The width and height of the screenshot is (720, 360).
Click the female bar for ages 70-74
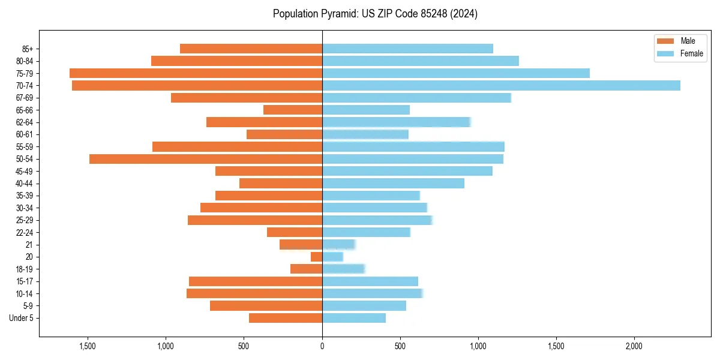coord(501,86)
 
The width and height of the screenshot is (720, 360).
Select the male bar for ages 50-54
coord(206,159)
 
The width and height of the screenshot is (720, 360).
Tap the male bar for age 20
coord(316,257)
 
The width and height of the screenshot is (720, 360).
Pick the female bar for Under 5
coord(354,318)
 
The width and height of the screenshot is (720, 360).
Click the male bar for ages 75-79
coord(196,73)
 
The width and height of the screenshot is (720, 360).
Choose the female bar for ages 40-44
coord(393,184)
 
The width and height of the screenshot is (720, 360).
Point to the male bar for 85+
coord(251,49)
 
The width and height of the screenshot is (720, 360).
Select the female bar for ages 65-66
coord(366,110)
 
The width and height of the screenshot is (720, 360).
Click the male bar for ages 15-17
coord(256,281)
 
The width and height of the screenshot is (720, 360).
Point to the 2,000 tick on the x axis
coord(634,346)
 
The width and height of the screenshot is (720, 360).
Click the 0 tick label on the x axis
coord(322,346)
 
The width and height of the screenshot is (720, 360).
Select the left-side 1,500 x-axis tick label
coord(88,346)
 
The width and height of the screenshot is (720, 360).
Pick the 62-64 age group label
coord(25,122)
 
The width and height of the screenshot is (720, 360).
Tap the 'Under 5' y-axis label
coord(22,318)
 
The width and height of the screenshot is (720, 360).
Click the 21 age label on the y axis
coord(29,245)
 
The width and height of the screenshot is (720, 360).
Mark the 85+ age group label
coord(28,49)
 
